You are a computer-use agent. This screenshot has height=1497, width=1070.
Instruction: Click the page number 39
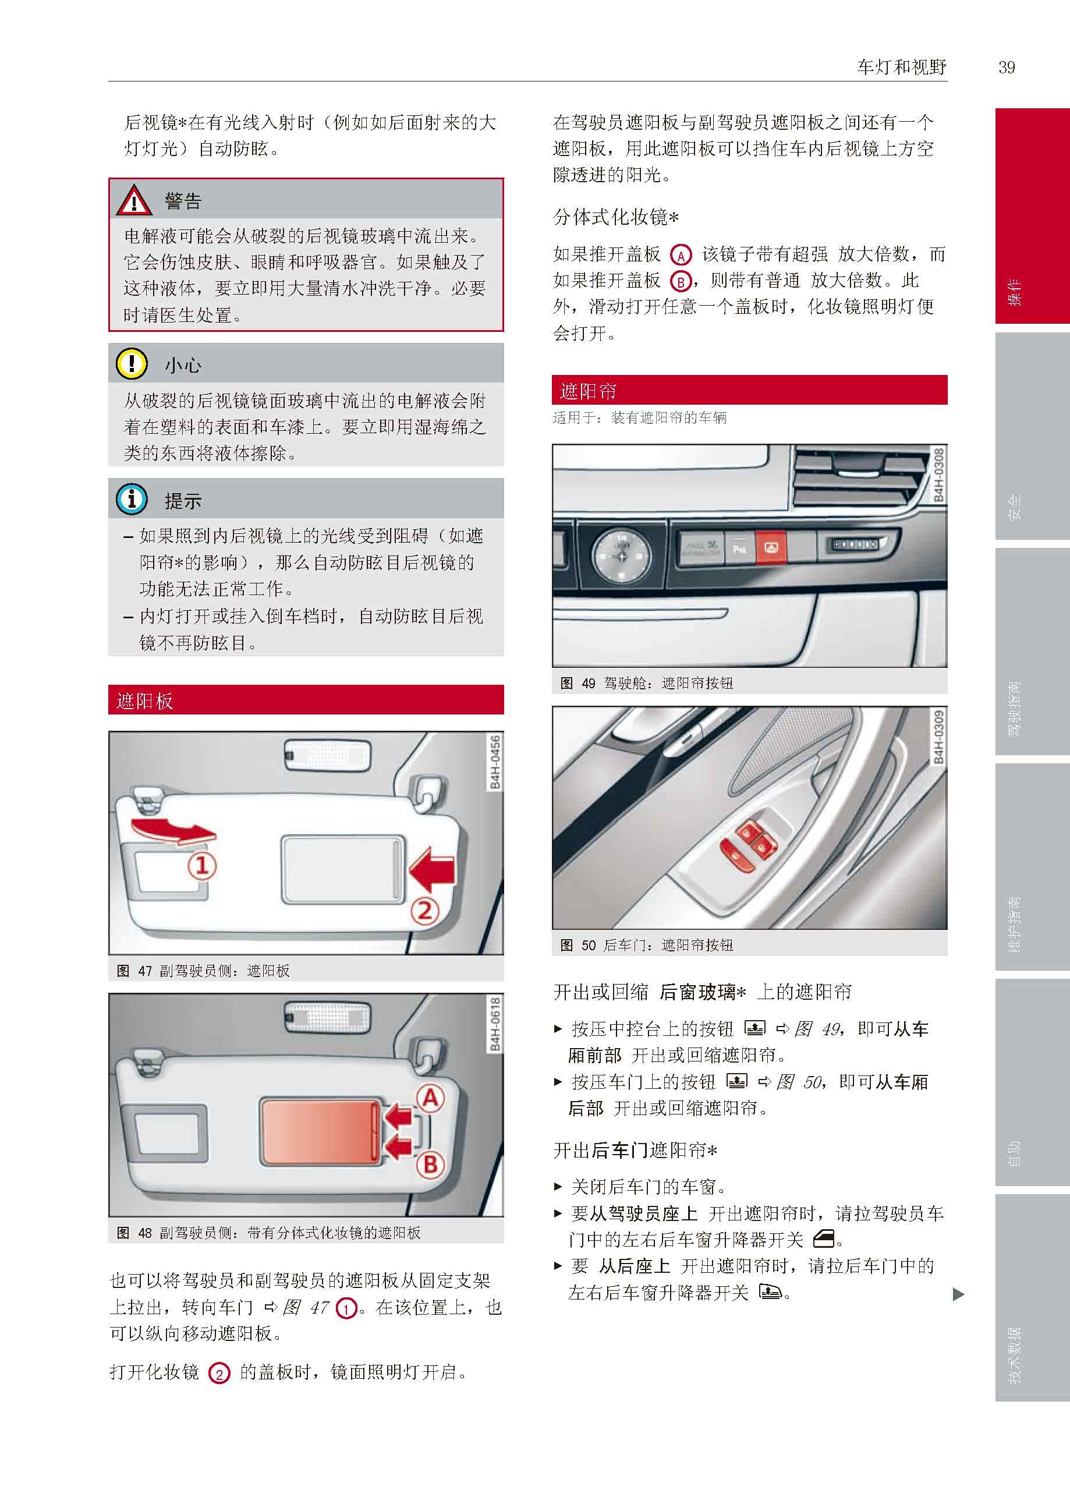pos(1006,67)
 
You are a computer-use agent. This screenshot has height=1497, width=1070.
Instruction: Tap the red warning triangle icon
pos(134,200)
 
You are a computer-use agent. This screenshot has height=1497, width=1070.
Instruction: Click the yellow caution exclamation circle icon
pos(132,364)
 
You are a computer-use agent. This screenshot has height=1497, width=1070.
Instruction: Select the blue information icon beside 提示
pos(132,500)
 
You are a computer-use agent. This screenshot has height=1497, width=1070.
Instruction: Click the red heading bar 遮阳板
pos(306,700)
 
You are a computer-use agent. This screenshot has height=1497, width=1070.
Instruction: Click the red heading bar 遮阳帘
pos(749,390)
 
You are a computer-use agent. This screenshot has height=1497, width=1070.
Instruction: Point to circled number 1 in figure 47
pos(202,865)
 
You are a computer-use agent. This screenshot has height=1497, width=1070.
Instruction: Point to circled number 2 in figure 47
pos(425,911)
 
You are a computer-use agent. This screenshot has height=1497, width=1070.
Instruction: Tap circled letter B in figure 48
pos(430,1165)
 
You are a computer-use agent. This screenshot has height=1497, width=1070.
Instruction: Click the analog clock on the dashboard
pos(621,554)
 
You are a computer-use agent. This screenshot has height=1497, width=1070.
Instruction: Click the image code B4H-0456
pos(495,762)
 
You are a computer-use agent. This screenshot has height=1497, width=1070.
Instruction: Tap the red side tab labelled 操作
pos(1032,216)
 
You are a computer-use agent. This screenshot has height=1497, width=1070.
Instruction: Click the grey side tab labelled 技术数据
pos(1032,1298)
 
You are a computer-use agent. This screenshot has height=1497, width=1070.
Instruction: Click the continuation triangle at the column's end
pos(959,1295)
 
